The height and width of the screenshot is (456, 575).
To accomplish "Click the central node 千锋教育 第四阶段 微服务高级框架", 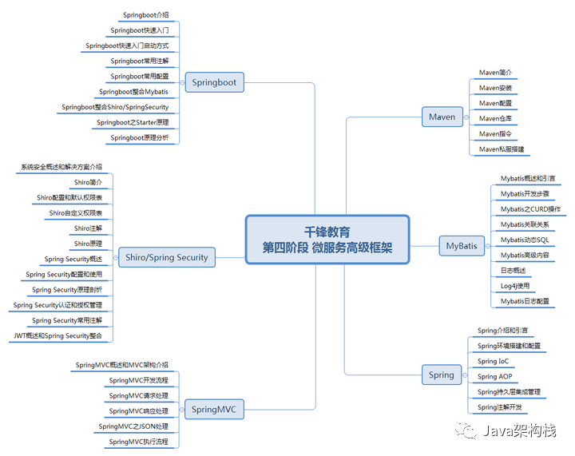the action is tap(327, 239).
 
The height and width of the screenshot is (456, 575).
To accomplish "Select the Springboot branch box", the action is tap(214, 82).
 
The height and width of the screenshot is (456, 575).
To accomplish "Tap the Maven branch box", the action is tap(442, 117).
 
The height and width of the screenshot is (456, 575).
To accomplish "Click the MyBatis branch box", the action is tap(462, 245).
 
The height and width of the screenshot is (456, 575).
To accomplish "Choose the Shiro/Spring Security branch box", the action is tap(167, 257).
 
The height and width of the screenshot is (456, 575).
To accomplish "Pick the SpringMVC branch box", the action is tap(214, 410).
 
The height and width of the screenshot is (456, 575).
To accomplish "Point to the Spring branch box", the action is tap(441, 375).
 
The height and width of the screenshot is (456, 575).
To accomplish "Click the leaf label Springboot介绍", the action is tap(145, 15).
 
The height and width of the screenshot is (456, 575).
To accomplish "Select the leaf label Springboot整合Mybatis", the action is tap(134, 92).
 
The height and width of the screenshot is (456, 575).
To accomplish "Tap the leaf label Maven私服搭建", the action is tap(502, 149).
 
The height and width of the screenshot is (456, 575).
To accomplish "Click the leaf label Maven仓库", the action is tap(495, 118).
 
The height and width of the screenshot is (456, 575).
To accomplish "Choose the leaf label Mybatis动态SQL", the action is tap(525, 240).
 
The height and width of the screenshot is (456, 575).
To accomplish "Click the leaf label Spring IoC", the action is tap(493, 361).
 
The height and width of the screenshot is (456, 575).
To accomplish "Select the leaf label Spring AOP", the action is tap(495, 376).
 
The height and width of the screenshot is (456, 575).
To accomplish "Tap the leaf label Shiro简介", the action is tap(88, 182).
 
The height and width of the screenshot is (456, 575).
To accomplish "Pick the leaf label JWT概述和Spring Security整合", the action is tap(58, 335).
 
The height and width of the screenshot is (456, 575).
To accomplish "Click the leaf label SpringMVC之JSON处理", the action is tap(133, 426).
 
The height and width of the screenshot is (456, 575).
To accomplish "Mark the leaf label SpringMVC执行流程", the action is tap(139, 442).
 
